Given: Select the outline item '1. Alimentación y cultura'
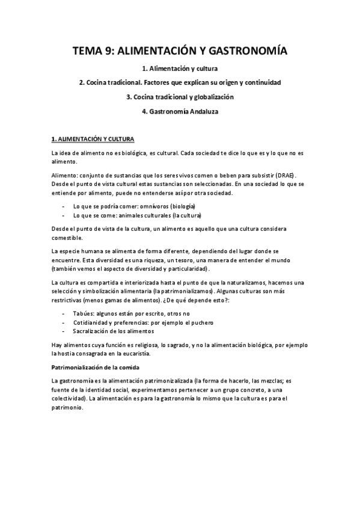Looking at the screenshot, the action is point(180,68).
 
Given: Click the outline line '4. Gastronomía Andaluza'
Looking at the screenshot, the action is point(180,111).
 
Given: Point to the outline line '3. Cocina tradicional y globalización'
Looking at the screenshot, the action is point(180,97).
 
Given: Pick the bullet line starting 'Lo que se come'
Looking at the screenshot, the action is point(137,215).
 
